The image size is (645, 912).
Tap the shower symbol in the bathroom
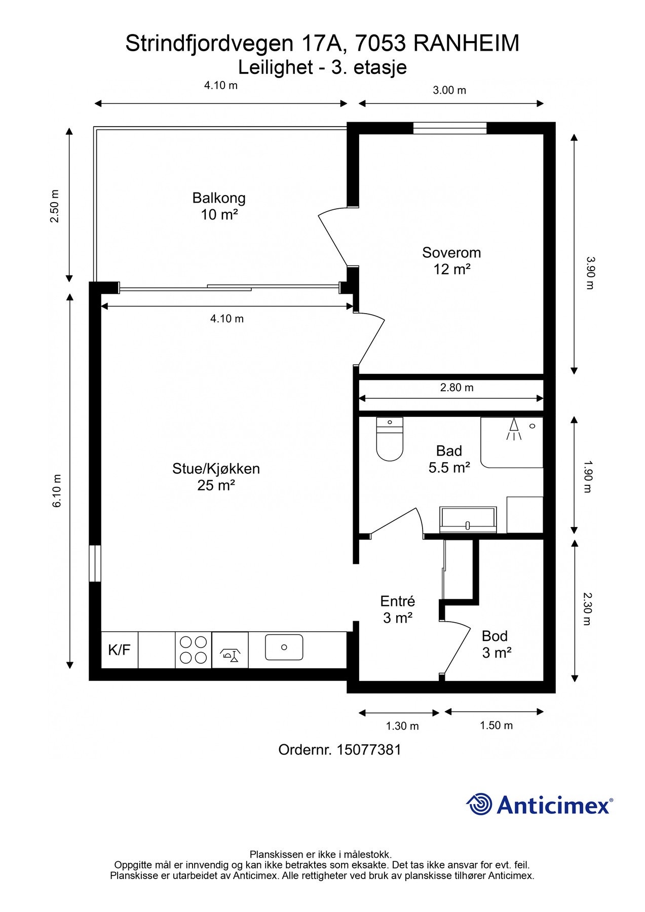pos(513,429)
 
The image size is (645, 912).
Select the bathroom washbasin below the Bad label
pos(468,519)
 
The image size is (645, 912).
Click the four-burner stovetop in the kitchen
pos(194,650)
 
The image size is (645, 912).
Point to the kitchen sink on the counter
pos(284,647)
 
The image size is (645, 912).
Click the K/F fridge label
pos(119,650)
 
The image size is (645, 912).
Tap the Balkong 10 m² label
pos(219,206)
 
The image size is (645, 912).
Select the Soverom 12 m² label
pos(451,260)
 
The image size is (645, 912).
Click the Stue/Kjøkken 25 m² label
pos(216,476)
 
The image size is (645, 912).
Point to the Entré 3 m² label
pos(397,609)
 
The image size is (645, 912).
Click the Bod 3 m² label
pos(496,644)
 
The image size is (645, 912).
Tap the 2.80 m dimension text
pos(457,388)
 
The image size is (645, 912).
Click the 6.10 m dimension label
pos(57,490)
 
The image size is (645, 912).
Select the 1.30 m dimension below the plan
pos(402,726)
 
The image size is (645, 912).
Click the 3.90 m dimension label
pos(589,273)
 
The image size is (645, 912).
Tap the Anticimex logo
pos(539,804)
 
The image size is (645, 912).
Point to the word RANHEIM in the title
pos(466,44)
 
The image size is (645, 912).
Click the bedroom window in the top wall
pos(449,128)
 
